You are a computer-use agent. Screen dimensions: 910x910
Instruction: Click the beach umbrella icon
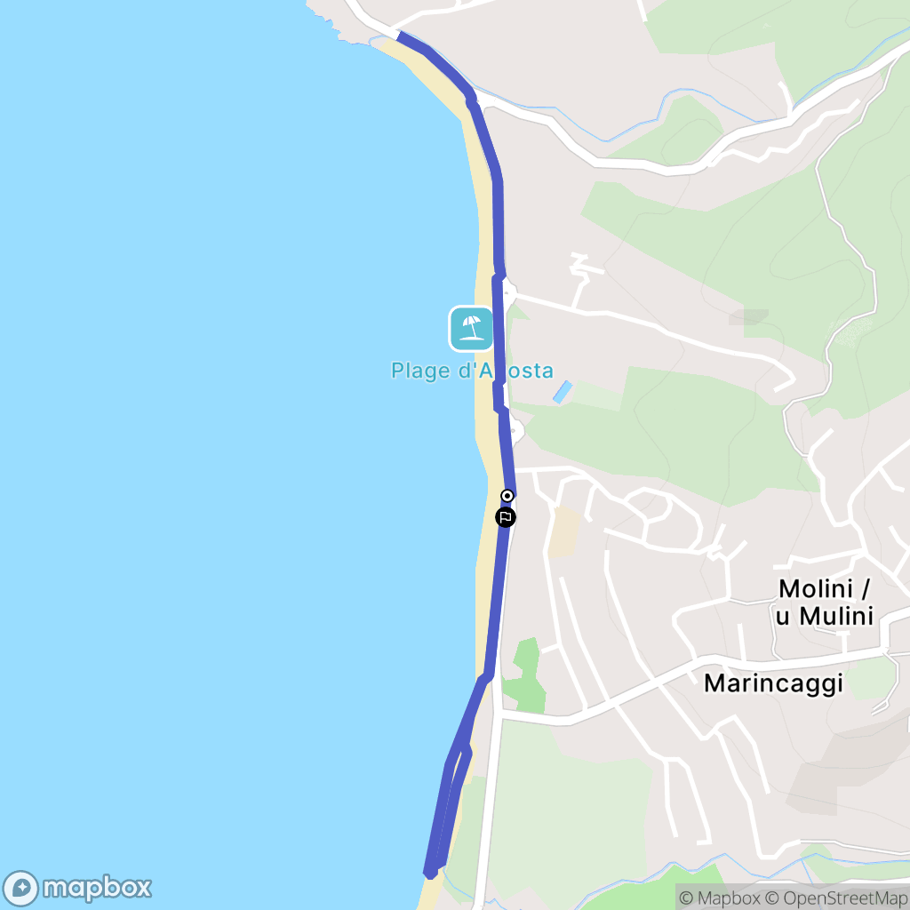click(x=471, y=328)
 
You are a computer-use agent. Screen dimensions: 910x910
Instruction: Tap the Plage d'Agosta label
click(x=472, y=371)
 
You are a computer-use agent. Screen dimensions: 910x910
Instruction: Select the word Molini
click(x=815, y=588)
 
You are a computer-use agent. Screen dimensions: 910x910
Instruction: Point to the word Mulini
click(x=835, y=616)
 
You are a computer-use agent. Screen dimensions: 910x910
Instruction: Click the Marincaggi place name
click(x=772, y=682)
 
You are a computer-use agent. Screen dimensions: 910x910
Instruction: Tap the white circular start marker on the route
click(x=507, y=496)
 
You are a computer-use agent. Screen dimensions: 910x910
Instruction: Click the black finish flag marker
click(x=505, y=516)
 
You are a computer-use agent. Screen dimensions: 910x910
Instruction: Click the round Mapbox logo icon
click(x=21, y=888)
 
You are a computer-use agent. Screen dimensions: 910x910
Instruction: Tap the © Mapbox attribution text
click(x=720, y=898)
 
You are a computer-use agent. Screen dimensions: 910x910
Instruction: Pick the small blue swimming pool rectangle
click(x=563, y=392)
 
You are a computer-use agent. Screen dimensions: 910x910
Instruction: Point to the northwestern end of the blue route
click(x=401, y=36)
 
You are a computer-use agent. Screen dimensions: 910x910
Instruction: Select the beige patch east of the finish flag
click(x=563, y=532)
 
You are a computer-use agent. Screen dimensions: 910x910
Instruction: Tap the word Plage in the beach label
click(x=421, y=371)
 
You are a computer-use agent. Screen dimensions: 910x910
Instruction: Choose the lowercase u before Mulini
click(x=783, y=616)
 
